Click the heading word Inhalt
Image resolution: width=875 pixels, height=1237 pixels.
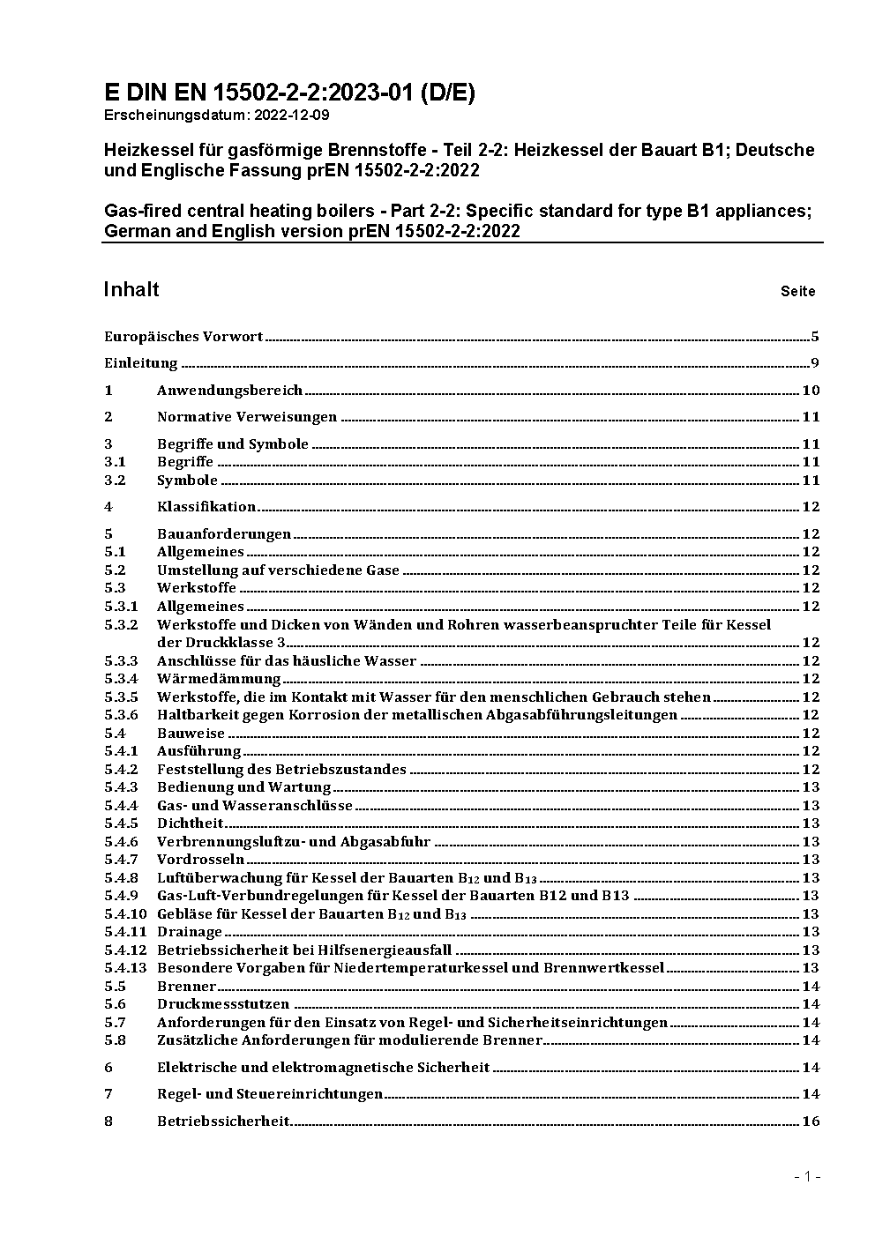pyautogui.click(x=131, y=289)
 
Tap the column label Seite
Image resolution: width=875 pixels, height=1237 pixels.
pyautogui.click(x=797, y=291)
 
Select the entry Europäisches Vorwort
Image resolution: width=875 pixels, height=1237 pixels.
pyautogui.click(x=183, y=336)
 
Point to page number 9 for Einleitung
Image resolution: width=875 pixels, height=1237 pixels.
pyautogui.click(x=815, y=363)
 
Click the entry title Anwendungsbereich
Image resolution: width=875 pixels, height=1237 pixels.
pyautogui.click(x=229, y=390)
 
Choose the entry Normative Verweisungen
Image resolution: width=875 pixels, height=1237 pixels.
pyautogui.click(x=247, y=416)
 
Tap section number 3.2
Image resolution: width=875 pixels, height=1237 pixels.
pyautogui.click(x=115, y=480)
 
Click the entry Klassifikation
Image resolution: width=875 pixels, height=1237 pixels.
pyautogui.click(x=206, y=506)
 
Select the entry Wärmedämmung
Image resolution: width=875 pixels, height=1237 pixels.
pyautogui.click(x=219, y=678)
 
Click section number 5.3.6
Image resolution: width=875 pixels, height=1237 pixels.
pyautogui.click(x=121, y=714)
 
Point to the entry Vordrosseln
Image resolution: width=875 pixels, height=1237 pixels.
pyautogui.click(x=200, y=859)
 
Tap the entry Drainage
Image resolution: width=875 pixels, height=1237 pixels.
pyautogui.click(x=190, y=931)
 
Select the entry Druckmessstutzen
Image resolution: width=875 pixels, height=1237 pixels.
pyautogui.click(x=223, y=1003)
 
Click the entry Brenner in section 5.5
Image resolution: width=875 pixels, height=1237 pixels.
pyautogui.click(x=186, y=986)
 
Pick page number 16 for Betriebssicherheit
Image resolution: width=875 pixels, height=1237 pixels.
pyautogui.click(x=811, y=1121)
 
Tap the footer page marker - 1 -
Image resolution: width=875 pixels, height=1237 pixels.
pyautogui.click(x=807, y=1176)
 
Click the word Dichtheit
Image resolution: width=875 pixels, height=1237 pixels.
pyautogui.click(x=191, y=823)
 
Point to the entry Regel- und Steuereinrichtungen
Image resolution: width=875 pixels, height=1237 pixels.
pyautogui.click(x=270, y=1093)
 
